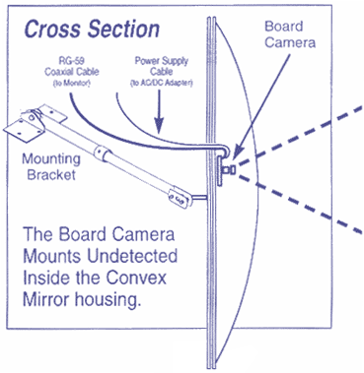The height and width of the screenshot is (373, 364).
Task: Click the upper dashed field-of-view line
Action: pyautogui.click(x=306, y=129)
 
